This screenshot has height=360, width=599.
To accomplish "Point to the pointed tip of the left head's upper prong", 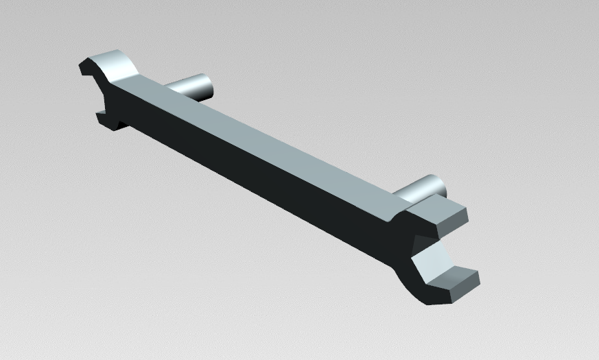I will pyautogui.click(x=82, y=66).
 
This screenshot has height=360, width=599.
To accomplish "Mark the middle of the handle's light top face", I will pyautogui.click(x=274, y=137).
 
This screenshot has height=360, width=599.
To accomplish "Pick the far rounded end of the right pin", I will pyautogui.click(x=438, y=184).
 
